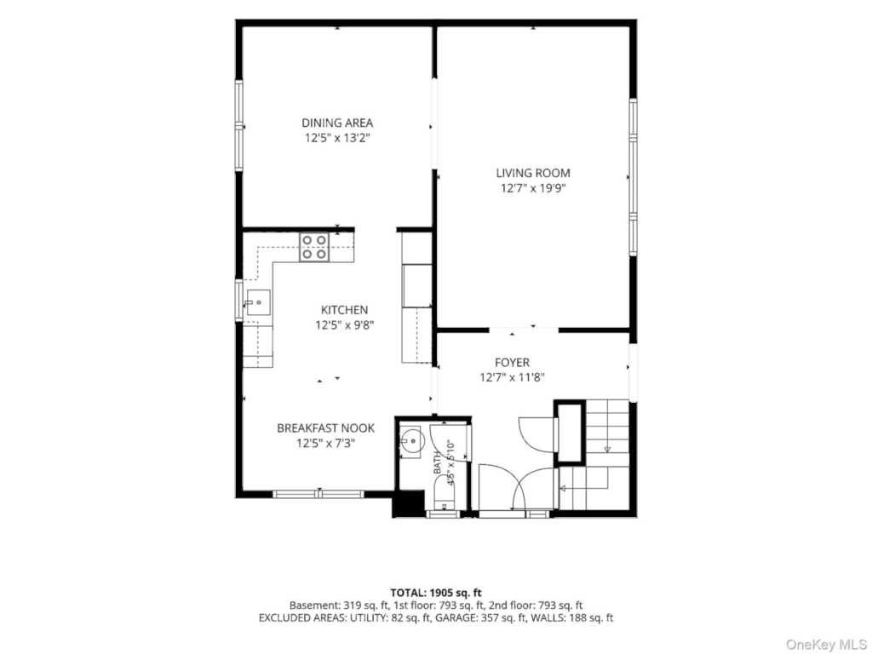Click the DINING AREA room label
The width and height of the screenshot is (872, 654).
pyautogui.click(x=337, y=123)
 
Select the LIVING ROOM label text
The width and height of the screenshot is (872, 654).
pyautogui.click(x=533, y=173)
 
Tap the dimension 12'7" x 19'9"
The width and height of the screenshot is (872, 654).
pyautogui.click(x=533, y=188)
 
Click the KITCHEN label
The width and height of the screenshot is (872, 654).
pyautogui.click(x=344, y=310)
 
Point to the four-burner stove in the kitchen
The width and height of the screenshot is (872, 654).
pyautogui.click(x=314, y=248)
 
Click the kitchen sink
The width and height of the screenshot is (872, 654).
pyautogui.click(x=257, y=302)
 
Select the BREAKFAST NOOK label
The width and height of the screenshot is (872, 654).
pyautogui.click(x=325, y=428)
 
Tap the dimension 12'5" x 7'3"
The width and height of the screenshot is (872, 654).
pyautogui.click(x=325, y=443)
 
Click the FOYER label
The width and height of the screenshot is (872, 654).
pyautogui.click(x=512, y=363)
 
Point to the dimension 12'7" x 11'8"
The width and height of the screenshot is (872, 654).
pyautogui.click(x=512, y=377)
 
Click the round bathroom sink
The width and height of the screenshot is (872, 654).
pyautogui.click(x=411, y=441)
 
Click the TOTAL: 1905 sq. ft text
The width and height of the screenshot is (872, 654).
pyautogui.click(x=436, y=593)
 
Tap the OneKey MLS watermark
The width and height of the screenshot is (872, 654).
pyautogui.click(x=826, y=645)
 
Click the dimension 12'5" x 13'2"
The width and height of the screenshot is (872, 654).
pyautogui.click(x=337, y=138)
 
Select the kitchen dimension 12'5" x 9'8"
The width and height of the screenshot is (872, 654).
pyautogui.click(x=344, y=324)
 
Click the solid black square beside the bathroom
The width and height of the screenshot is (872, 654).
pyautogui.click(x=409, y=504)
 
